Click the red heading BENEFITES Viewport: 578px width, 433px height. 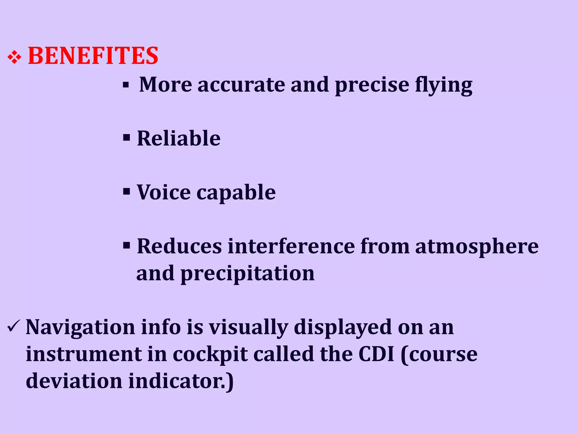point(93,56)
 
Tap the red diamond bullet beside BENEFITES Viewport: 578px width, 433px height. point(14,58)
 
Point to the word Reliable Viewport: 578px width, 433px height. point(179,138)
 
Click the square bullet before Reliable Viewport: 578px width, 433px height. point(126,138)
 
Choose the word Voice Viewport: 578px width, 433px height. point(164,192)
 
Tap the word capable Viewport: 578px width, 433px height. point(236,193)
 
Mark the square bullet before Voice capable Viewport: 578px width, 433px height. point(126,192)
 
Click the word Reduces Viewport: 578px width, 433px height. point(179,246)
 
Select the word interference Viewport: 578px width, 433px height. point(291,246)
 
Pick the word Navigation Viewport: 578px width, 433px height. point(80,328)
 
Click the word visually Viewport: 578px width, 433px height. point(248,328)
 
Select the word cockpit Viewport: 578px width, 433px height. point(210,355)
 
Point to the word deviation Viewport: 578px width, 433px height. point(74,381)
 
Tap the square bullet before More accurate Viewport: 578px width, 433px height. point(126,85)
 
